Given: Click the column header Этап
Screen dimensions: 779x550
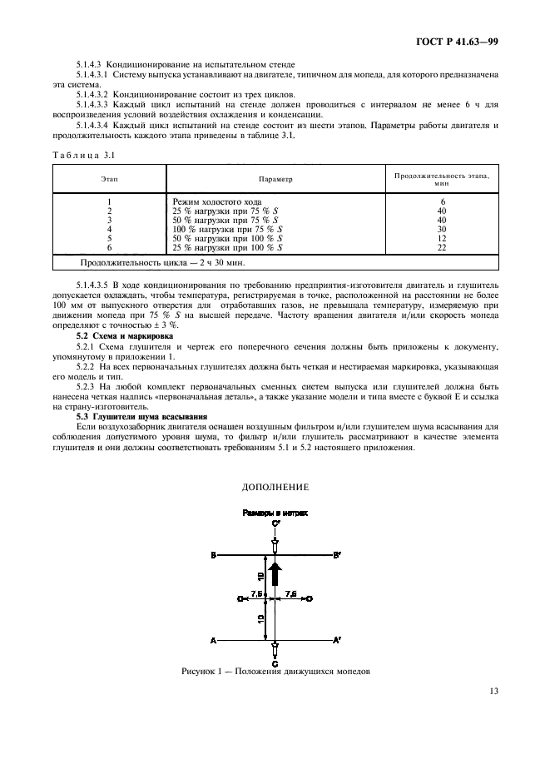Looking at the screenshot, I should click(109, 178).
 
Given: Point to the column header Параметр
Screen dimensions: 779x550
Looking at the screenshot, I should click(275, 178).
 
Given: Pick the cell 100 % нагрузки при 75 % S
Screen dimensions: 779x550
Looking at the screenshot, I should click(226, 229).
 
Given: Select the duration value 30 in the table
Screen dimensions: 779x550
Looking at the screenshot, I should click(442, 229).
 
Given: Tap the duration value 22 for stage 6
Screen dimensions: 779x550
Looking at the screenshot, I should click(442, 247).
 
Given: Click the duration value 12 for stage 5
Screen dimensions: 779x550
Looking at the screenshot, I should click(442, 238).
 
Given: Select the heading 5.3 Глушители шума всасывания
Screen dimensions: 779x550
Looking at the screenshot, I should click(141, 415).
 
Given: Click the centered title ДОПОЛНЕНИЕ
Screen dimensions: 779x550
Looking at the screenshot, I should click(275, 486).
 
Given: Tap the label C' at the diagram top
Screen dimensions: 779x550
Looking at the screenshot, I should click(275, 523).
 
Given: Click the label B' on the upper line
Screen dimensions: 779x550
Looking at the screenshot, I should click(336, 554).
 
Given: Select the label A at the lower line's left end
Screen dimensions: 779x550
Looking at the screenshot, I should click(215, 640).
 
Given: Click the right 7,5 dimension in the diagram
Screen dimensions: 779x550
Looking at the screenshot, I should click(291, 592).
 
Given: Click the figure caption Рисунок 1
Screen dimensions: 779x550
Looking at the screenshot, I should click(275, 671).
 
